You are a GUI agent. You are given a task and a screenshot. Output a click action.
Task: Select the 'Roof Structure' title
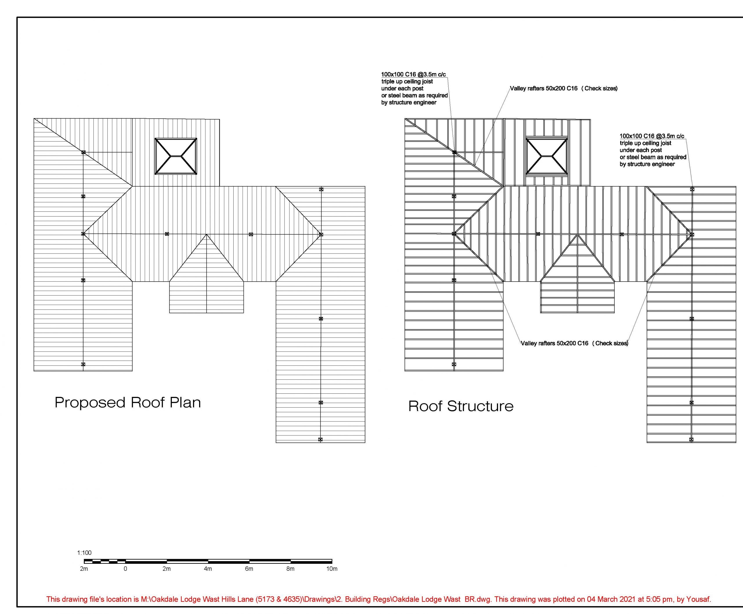[x=461, y=406]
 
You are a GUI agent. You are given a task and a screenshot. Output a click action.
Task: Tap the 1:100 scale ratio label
[x=84, y=553]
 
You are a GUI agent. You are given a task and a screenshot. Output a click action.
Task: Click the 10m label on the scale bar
[x=332, y=569]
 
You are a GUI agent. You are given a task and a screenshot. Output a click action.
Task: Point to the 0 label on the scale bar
[x=125, y=569]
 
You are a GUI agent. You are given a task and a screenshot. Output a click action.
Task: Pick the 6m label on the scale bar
[x=249, y=569]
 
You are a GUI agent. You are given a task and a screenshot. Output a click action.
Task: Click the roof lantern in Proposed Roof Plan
[x=176, y=156]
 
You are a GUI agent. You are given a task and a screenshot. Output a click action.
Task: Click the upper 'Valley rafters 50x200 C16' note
[x=564, y=89]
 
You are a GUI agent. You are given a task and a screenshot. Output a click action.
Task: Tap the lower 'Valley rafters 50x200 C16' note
[x=575, y=343]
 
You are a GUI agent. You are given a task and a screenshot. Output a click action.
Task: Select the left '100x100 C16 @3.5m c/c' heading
[x=413, y=75]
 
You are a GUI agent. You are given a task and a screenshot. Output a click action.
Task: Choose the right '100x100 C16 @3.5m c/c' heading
[x=652, y=136]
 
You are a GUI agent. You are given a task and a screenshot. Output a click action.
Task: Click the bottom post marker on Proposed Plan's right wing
[x=320, y=440]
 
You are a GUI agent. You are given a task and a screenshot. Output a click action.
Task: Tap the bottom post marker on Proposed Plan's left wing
[x=83, y=364]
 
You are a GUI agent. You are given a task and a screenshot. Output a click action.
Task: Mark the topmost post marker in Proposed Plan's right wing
[x=321, y=190]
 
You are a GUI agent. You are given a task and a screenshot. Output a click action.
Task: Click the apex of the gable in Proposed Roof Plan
[x=207, y=234]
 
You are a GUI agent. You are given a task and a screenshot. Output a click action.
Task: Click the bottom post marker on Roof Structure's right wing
[x=691, y=440]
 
